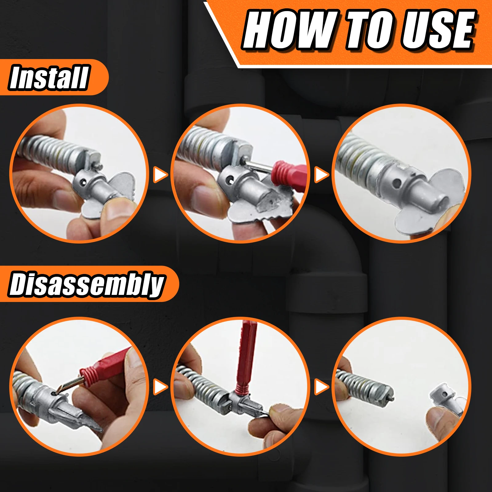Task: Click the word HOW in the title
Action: point(289,30)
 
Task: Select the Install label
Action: point(49,77)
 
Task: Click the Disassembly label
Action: point(86,284)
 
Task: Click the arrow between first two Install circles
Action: point(160,175)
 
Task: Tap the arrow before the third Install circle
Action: point(321,175)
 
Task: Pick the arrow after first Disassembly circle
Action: point(160,387)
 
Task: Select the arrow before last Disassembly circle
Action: point(321,387)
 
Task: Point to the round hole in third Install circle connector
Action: point(397,184)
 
